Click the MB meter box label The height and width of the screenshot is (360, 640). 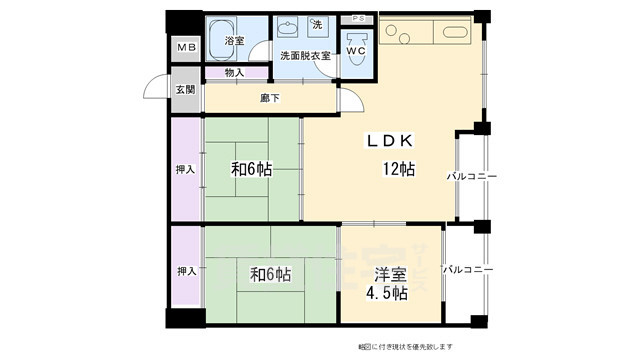(x=185, y=48)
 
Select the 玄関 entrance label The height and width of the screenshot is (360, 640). (x=186, y=90)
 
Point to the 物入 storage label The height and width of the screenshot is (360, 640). (x=234, y=72)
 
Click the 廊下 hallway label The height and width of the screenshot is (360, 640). (x=270, y=98)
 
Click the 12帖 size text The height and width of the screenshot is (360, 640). (x=397, y=169)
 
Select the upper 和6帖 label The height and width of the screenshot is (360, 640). (x=252, y=169)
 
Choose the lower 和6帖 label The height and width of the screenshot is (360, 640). (x=271, y=273)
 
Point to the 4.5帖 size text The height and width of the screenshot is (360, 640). (x=385, y=293)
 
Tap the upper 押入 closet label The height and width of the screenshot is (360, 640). (x=186, y=169)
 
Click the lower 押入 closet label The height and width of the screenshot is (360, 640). (x=186, y=271)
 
